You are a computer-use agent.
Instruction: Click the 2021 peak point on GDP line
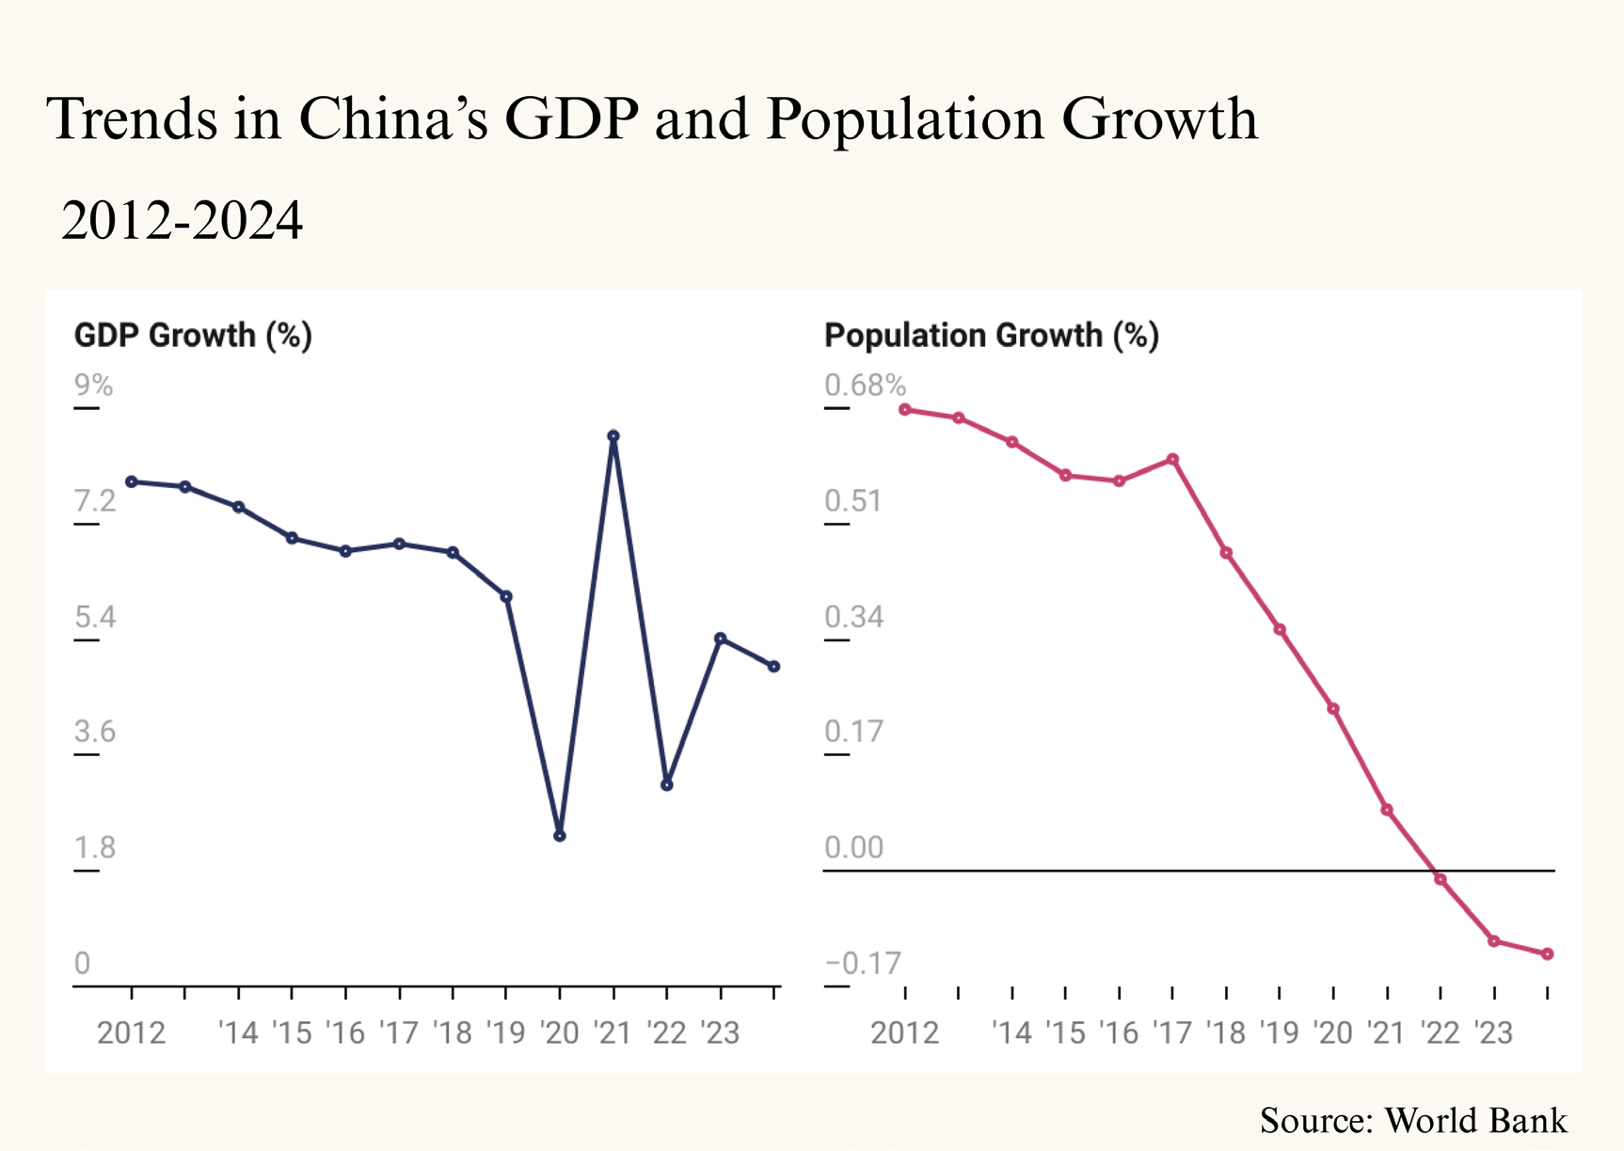pyautogui.click(x=613, y=436)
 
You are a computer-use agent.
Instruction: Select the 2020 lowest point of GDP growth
pyautogui.click(x=560, y=835)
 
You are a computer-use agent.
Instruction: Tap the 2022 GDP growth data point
pyautogui.click(x=667, y=784)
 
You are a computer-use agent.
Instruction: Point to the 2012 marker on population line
pyautogui.click(x=905, y=410)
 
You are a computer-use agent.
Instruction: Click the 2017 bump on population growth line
pyautogui.click(x=1173, y=460)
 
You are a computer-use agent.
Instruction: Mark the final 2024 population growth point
pyautogui.click(x=1548, y=954)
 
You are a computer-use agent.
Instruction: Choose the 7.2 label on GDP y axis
pyautogui.click(x=95, y=501)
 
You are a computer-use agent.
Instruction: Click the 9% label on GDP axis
pyautogui.click(x=93, y=386)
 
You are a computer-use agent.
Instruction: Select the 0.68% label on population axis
pyautogui.click(x=865, y=386)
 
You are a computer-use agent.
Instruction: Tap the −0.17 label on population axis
pyautogui.click(x=863, y=963)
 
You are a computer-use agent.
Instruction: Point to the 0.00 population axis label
pyautogui.click(x=853, y=847)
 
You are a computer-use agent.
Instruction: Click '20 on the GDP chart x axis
pyautogui.click(x=560, y=1033)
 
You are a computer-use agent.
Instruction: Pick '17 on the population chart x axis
pyautogui.click(x=1172, y=1033)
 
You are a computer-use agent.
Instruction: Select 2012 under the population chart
pyautogui.click(x=904, y=1033)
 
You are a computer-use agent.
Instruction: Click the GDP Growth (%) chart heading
pyautogui.click(x=193, y=336)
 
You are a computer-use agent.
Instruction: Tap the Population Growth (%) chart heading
pyautogui.click(x=991, y=336)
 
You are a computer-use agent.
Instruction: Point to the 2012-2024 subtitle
pyautogui.click(x=182, y=221)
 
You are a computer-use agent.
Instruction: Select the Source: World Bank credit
pyautogui.click(x=1412, y=1121)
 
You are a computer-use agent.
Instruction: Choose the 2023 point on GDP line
pyautogui.click(x=721, y=639)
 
